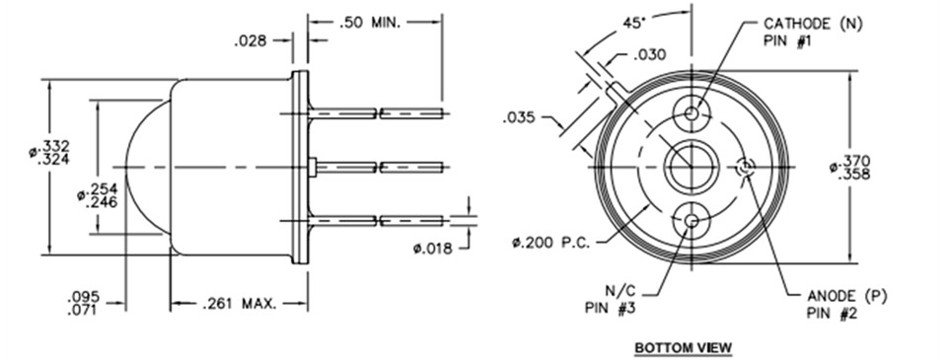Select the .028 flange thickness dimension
[250, 41]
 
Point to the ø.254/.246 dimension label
[98, 195]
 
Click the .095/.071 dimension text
[84, 303]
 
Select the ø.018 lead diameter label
[432, 248]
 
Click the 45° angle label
[634, 23]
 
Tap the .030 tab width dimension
[650, 55]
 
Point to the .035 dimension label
[519, 117]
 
